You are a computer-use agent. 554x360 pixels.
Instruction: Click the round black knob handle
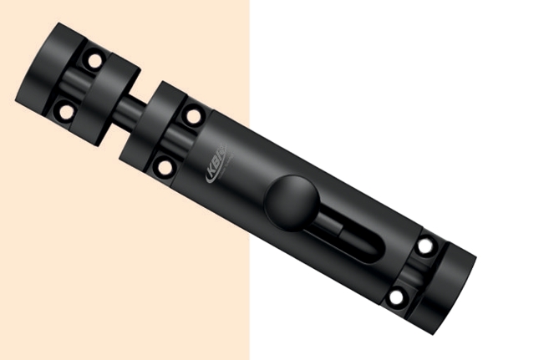(x=289, y=201)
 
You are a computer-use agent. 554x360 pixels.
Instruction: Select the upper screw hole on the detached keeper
(x=94, y=60)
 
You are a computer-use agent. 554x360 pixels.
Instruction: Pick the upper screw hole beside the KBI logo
(x=193, y=116)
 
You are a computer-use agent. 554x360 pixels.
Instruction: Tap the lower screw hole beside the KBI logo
(x=165, y=166)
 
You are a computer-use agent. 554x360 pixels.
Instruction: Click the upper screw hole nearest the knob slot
(x=425, y=246)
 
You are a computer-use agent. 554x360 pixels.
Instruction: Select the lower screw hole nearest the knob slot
(x=396, y=296)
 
